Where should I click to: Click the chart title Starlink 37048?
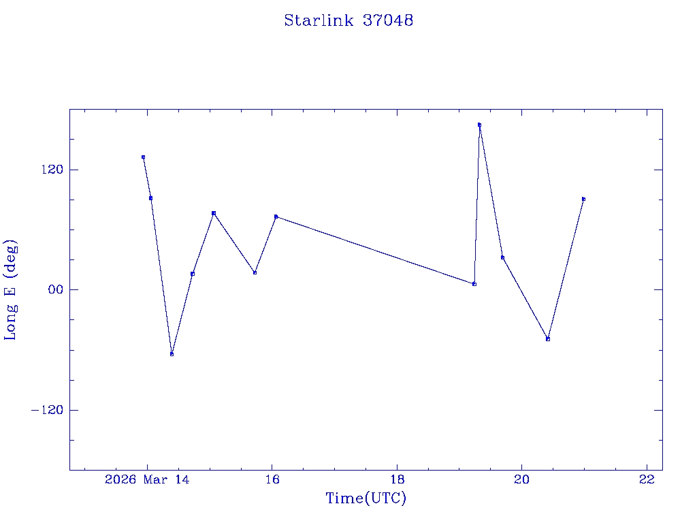pos(348,20)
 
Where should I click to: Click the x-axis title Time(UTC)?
pos(366,498)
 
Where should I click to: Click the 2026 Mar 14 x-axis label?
pos(147,479)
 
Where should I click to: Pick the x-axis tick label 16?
pos(272,479)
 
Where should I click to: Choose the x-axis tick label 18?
pos(398,479)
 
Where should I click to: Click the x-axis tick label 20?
pos(522,479)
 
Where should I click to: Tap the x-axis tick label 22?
pos(647,479)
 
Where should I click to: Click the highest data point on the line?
pos(479,125)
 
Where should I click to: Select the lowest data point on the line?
pos(172,354)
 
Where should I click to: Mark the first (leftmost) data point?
pos(143,157)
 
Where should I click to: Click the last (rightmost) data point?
pos(583,199)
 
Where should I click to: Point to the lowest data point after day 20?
pos(548,338)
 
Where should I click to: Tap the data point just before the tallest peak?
pos(474,283)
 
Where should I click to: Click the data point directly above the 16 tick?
pos(276,217)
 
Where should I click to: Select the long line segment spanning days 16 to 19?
pos(374,250)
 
